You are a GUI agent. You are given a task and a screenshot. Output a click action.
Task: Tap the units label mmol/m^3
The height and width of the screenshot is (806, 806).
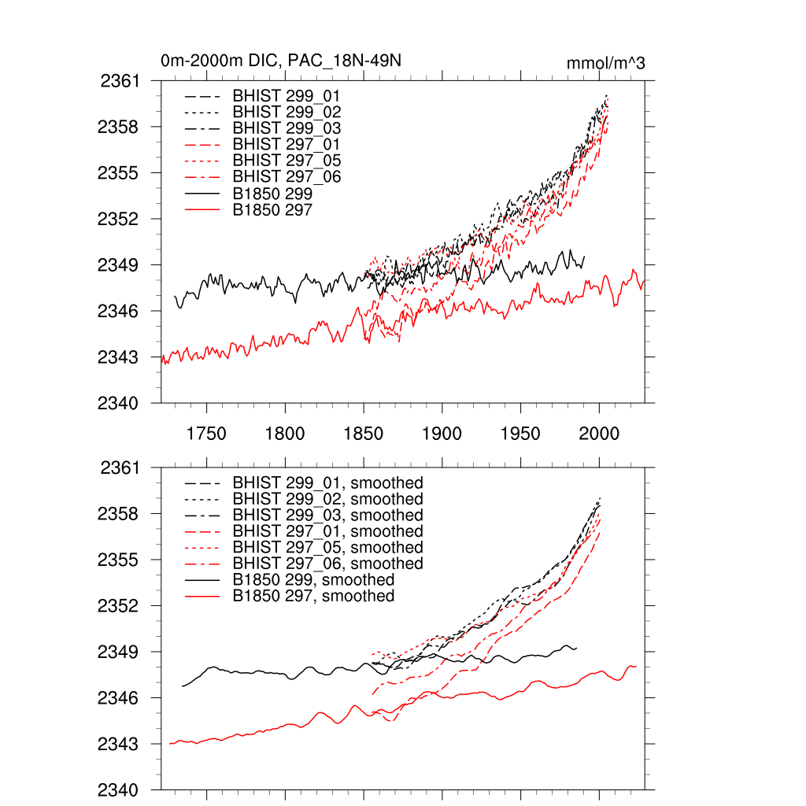click(x=605, y=64)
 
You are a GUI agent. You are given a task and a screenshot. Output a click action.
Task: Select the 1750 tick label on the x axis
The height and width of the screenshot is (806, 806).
click(x=206, y=434)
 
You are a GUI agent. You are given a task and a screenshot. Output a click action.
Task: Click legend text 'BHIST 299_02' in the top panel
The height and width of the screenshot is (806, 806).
click(x=287, y=112)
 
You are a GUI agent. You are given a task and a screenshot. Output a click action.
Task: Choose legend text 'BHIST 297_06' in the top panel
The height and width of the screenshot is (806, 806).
click(x=287, y=176)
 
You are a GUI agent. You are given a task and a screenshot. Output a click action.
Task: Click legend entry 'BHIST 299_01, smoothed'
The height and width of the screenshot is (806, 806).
click(x=327, y=482)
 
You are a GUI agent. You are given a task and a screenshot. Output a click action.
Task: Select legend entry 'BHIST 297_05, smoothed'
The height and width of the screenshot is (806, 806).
click(x=327, y=547)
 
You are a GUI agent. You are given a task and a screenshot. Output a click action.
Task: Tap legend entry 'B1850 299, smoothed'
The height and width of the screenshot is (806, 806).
click(x=313, y=580)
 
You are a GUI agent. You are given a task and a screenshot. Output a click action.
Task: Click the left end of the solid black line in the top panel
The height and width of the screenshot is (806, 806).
click(x=175, y=296)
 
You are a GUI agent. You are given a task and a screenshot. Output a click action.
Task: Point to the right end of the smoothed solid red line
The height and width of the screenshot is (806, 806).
click(x=636, y=667)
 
